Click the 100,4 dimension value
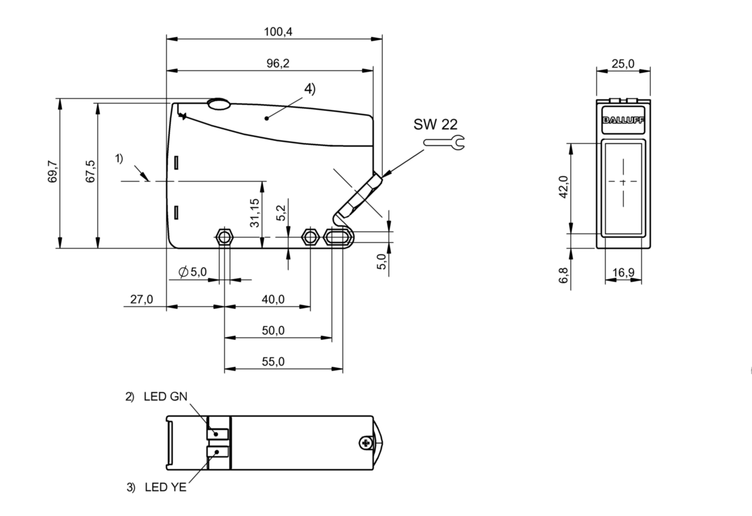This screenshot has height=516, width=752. [x=278, y=32]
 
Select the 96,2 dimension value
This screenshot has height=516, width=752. [x=278, y=63]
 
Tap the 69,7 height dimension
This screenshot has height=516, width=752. [x=53, y=173]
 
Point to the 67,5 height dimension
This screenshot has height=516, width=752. [x=91, y=172]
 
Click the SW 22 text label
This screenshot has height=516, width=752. [x=435, y=125]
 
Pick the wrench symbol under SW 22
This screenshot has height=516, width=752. [x=444, y=143]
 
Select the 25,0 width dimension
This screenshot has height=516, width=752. [x=623, y=63]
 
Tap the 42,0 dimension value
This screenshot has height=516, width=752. [x=563, y=187]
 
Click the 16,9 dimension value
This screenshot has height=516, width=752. [x=623, y=272]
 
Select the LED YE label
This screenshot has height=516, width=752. [x=165, y=487]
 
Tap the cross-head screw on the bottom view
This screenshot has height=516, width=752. [x=365, y=443]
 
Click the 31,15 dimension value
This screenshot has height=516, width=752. [x=254, y=212]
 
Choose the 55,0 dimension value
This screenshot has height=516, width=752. [x=273, y=361]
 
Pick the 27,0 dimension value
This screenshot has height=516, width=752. [x=141, y=299]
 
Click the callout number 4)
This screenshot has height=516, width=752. [x=310, y=89]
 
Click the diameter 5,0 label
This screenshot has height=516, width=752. [x=192, y=271]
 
